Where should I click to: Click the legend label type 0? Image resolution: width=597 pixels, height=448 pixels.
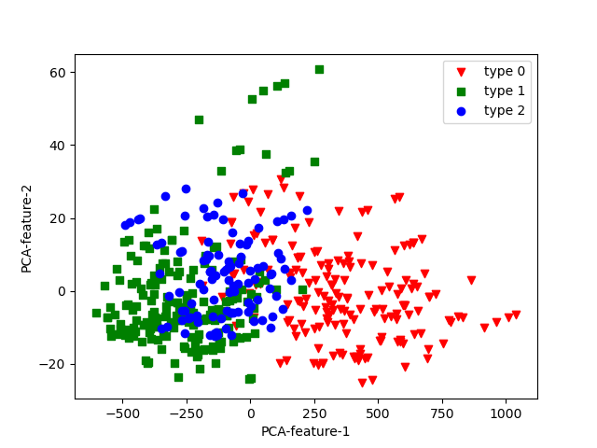click(x=504, y=71)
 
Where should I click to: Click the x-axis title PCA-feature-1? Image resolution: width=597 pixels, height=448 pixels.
click(x=306, y=431)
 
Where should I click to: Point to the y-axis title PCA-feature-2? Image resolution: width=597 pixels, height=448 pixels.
click(x=27, y=228)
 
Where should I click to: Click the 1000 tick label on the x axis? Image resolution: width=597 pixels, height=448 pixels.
click(x=506, y=413)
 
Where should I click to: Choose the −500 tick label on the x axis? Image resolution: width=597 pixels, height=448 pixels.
click(x=122, y=413)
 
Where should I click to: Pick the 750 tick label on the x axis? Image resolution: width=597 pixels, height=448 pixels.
click(x=442, y=413)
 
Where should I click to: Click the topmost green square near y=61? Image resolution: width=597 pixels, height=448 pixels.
click(x=319, y=69)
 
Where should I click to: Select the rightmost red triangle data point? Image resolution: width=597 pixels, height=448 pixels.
click(x=516, y=315)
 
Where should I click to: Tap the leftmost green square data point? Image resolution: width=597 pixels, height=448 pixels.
click(x=96, y=314)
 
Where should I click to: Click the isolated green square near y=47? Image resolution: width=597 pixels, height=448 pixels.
click(x=199, y=119)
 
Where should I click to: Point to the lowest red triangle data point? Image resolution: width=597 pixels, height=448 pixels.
click(x=363, y=383)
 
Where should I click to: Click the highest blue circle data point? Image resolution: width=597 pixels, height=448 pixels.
click(x=186, y=189)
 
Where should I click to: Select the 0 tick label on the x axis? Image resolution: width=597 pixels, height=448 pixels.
click(x=250, y=413)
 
